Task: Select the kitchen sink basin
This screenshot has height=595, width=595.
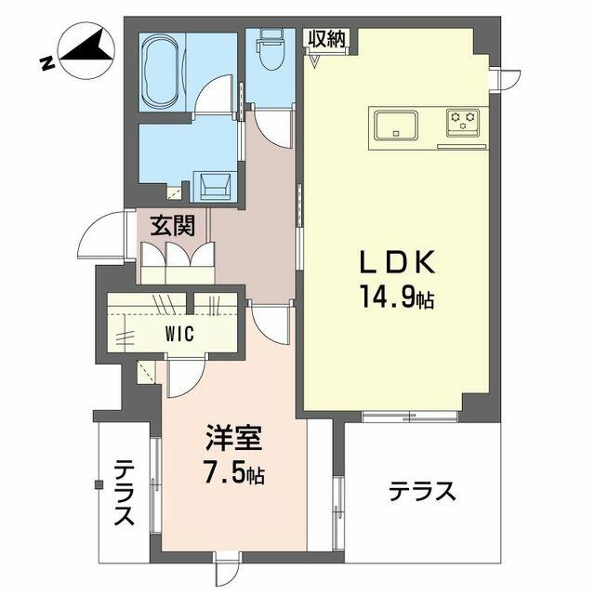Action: click(396, 125)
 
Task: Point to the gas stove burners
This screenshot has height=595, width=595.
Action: click(463, 121)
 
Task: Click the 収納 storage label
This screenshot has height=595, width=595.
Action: click(326, 39)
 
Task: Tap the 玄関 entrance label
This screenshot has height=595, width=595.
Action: click(172, 226)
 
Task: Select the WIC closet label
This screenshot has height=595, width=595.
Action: click(179, 334)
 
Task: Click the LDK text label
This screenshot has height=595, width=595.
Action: click(397, 262)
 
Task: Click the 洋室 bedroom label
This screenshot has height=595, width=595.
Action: click(234, 438)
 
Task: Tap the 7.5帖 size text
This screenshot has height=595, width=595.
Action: click(234, 472)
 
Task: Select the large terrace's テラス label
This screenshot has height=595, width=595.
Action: click(422, 492)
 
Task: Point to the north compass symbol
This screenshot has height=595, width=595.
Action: click(86, 51)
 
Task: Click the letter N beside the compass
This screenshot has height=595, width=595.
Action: click(47, 63)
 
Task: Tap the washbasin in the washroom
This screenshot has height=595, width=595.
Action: click(215, 186)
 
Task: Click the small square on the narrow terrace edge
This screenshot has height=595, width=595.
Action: click(99, 484)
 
